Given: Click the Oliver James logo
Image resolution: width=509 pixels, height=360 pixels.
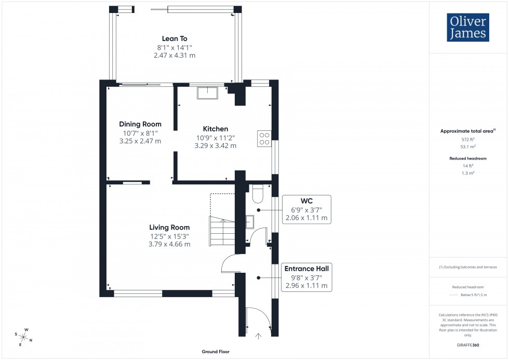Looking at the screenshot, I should coord(468,28).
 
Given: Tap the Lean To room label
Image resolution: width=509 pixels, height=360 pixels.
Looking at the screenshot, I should coord(175,38).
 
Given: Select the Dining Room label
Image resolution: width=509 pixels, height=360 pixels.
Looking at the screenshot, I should coord(140,124).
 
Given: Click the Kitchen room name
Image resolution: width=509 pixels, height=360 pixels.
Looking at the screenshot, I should coord(216,129).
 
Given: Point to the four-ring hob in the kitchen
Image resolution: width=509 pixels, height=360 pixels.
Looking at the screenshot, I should coord(264,137).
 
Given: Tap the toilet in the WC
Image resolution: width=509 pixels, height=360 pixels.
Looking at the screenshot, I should coord(258,194).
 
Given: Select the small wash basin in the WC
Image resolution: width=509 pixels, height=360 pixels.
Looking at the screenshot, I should coord(249,222).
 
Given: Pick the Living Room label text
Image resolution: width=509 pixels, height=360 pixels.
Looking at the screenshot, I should coord(169,227).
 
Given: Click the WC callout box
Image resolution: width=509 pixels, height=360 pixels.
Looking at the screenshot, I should coord(306,209).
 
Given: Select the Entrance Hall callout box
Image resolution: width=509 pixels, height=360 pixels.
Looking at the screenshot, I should coord(306,277).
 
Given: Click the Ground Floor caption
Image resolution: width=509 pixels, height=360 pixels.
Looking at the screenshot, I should coord(216,352).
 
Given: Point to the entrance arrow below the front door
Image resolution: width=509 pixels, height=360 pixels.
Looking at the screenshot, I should coord(259,337).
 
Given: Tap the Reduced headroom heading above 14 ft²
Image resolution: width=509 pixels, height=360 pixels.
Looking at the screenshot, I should coord(468,158).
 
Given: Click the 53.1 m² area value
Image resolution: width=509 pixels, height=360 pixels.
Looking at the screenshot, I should coord(468,147).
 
